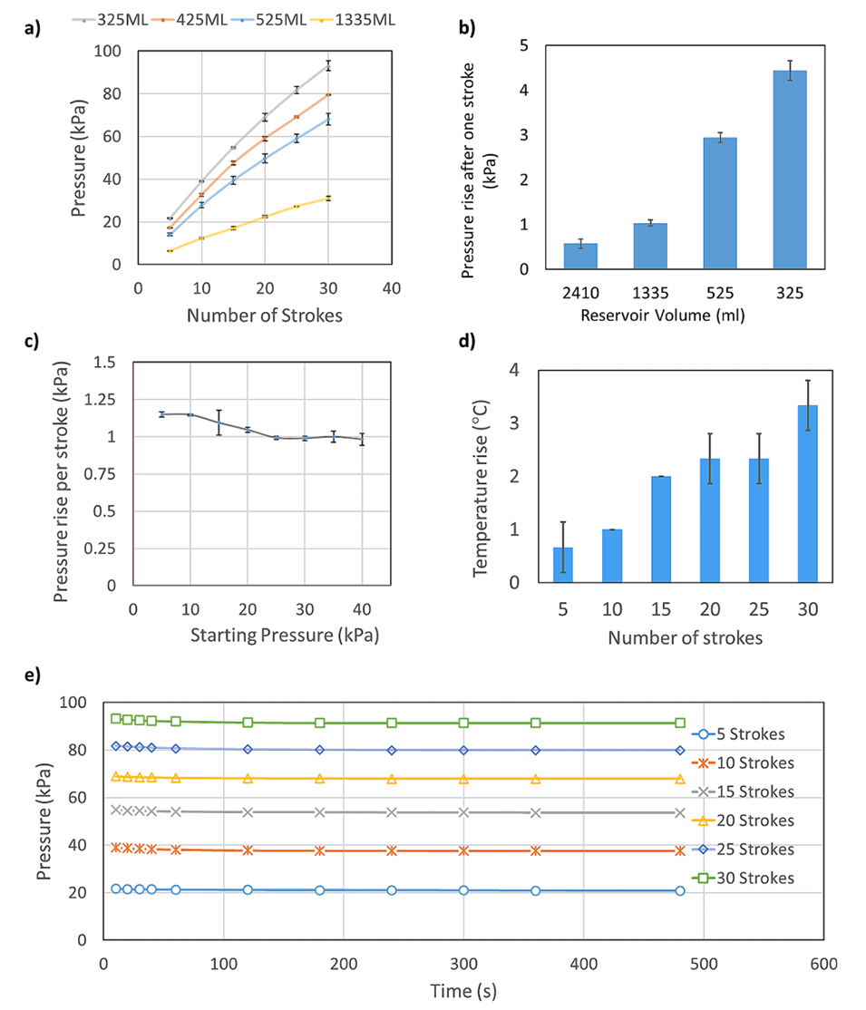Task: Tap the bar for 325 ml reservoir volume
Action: click(789, 170)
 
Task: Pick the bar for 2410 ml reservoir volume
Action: click(580, 256)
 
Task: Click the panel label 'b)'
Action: click(469, 27)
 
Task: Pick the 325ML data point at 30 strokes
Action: click(328, 65)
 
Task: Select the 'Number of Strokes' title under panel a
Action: click(263, 316)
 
